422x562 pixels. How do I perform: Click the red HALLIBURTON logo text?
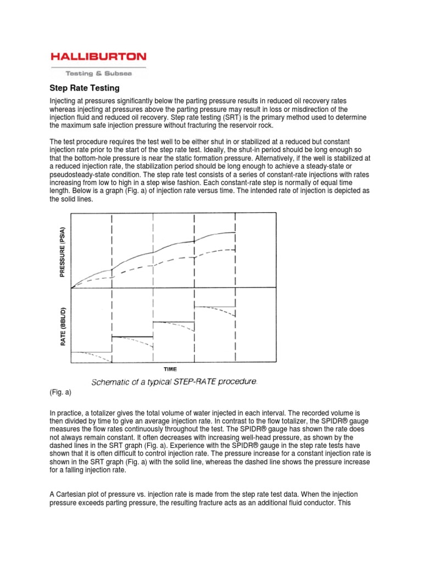pos(98,56)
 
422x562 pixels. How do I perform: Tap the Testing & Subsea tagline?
pos(98,73)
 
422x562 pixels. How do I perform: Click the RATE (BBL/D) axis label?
pos(64,326)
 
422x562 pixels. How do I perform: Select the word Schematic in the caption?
pos(110,381)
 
